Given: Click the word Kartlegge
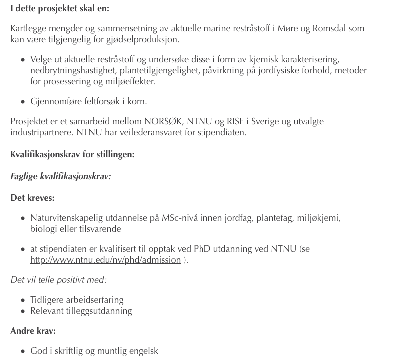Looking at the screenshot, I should pos(28,28).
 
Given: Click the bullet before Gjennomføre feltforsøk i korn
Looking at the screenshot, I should pos(23,102).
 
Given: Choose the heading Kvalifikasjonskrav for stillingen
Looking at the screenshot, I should pos(72,154).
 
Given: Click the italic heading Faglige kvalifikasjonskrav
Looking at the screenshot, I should pos(60,176).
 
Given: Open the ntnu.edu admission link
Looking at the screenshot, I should pos(105,260).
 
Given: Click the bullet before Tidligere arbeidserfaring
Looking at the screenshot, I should pos(23,300).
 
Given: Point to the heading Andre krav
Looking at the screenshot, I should pos(33,331).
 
